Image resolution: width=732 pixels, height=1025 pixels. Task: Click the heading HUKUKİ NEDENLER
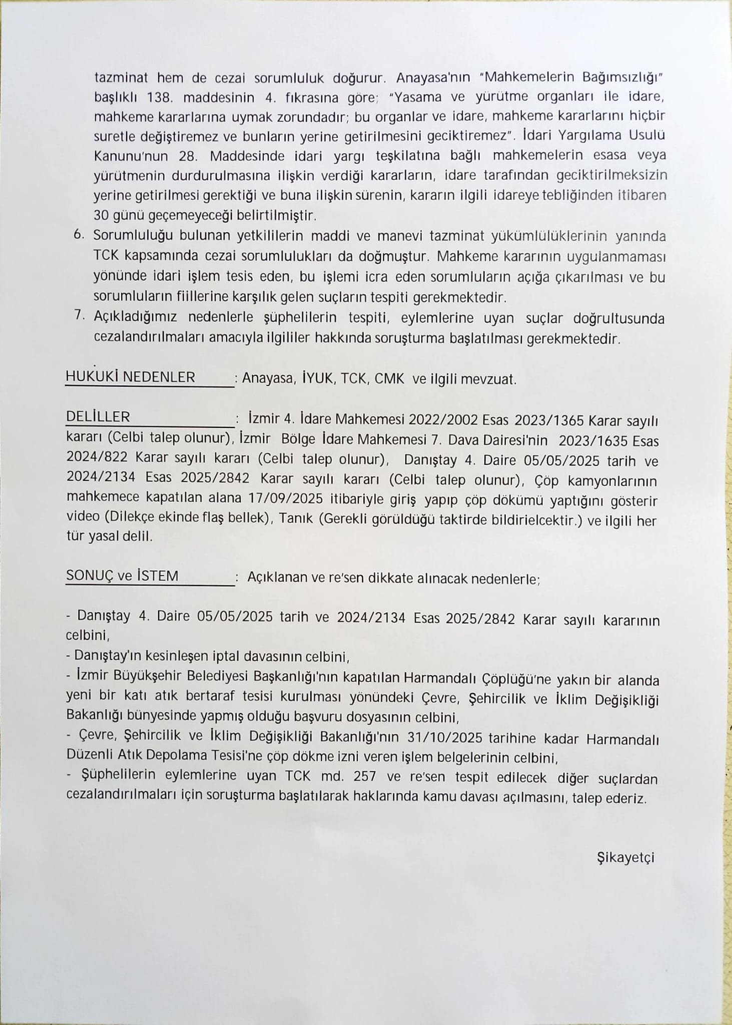pos(130,377)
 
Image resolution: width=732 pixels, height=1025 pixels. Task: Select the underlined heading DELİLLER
pos(98,417)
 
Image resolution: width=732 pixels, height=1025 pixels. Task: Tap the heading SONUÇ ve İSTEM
pos(122,576)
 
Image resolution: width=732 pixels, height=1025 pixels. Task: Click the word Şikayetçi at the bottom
pos(626,858)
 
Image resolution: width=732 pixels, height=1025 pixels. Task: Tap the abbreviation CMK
pos(389,379)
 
